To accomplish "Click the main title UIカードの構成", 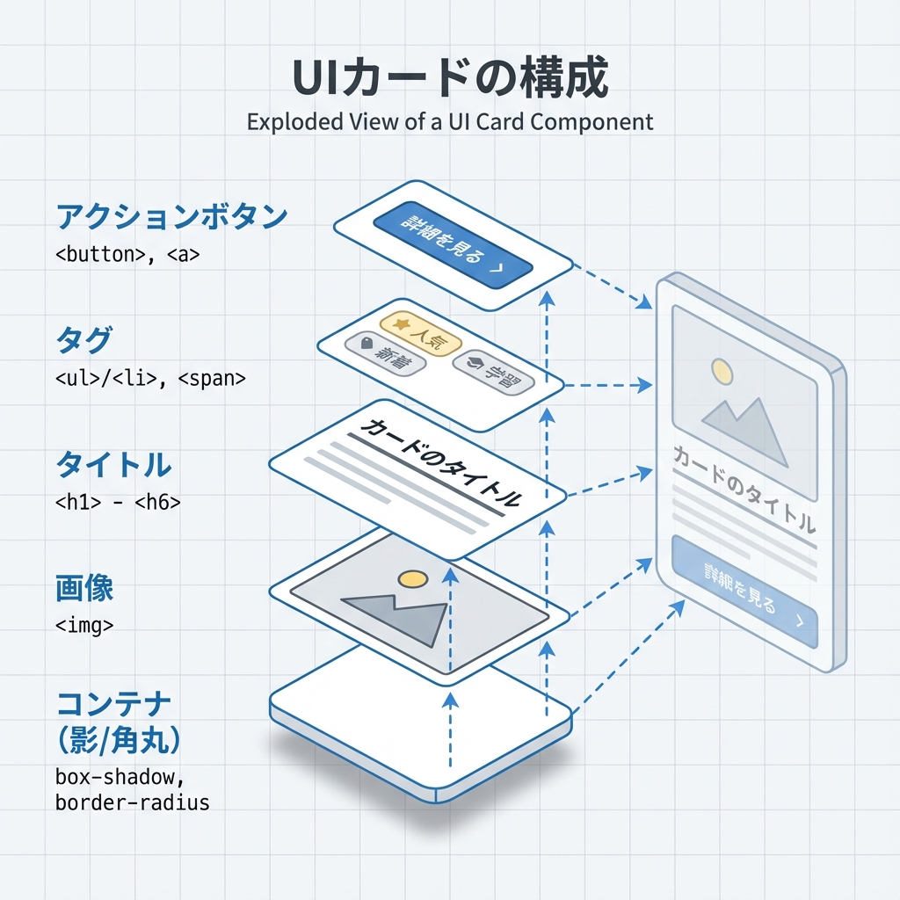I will tap(449, 80).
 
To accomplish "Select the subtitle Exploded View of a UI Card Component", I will tap(450, 121).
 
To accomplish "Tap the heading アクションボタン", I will tap(171, 216).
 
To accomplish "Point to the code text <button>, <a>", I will tap(127, 255).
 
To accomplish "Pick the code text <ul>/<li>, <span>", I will tap(150, 378).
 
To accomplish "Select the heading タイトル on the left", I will tap(113, 463).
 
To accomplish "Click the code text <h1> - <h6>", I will tap(118, 503).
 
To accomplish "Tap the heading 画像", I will tap(84, 588).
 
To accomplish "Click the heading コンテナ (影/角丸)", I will tap(119, 722).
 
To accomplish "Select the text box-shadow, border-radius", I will tap(132, 789).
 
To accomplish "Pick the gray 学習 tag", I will tap(493, 373).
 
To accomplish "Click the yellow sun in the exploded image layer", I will tap(412, 578).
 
